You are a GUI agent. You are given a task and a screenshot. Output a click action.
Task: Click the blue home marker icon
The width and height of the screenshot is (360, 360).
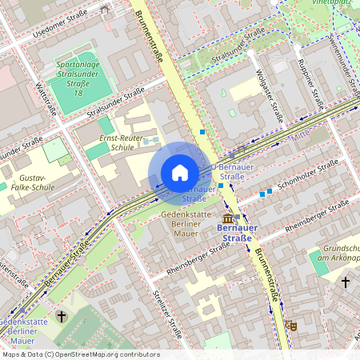[x=179, y=173]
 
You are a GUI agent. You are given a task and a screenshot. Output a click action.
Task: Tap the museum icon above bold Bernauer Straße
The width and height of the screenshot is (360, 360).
[x=229, y=218]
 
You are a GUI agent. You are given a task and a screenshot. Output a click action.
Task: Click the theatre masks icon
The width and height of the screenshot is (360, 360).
[x=294, y=326]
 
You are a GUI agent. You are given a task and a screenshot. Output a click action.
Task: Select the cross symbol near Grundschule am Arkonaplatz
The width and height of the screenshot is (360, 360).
[x=346, y=282]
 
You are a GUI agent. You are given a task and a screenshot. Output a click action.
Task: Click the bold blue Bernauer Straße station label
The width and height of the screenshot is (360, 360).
[x=234, y=233]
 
